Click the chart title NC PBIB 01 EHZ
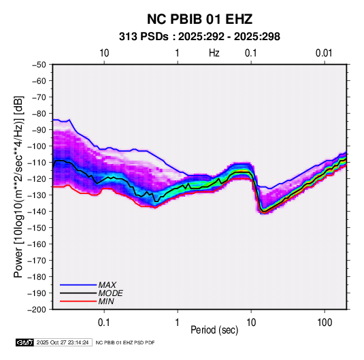(199, 19)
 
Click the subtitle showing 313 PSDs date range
(199, 37)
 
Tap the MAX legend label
(107, 285)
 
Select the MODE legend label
(110, 293)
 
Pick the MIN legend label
(106, 301)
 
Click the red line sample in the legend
(78, 301)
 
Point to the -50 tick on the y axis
(39, 65)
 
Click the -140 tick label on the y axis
(37, 212)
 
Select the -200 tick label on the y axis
(37, 310)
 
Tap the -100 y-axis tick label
(37, 146)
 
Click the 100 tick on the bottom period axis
(325, 323)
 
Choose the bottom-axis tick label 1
(178, 323)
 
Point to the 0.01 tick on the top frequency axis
(324, 53)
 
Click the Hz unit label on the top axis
(214, 53)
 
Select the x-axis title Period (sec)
(214, 330)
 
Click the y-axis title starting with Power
(18, 186)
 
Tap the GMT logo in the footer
(25, 342)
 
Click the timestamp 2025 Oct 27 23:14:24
(63, 342)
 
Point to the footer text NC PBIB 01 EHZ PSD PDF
(125, 342)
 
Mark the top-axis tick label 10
(104, 53)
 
